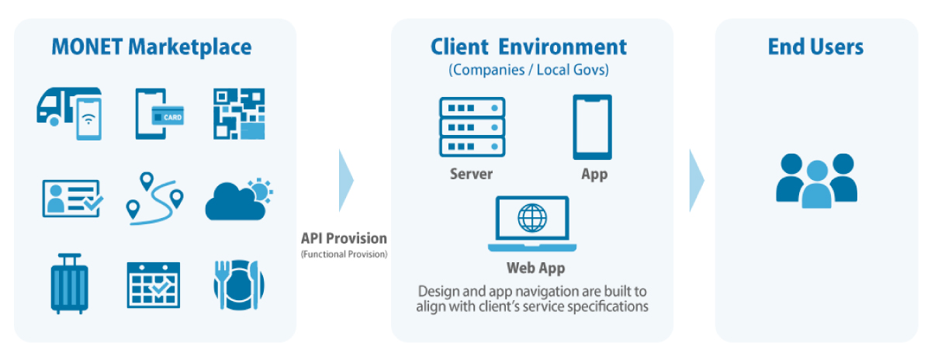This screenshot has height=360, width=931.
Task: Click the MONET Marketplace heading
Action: pos(151,47)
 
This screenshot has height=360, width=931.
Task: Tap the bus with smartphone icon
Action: pos(69,114)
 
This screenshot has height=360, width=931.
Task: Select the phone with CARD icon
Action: pos(159,114)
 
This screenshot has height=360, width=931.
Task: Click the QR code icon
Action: pos(239,114)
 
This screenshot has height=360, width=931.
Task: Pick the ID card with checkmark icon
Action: pos(71,197)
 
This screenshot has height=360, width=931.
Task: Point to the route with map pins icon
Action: pos(154,199)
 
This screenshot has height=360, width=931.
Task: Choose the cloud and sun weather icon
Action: pos(237,199)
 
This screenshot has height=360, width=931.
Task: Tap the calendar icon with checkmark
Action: pos(154,285)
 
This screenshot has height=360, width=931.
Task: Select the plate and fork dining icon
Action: pos(238,283)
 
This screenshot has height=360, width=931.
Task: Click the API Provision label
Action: pos(344,238)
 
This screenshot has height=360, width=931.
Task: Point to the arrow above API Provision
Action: pos(346,180)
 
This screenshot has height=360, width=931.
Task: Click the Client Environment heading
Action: pos(528,47)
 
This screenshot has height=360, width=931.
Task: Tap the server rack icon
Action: pos(472,126)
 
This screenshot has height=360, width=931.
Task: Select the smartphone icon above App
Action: pos(592,126)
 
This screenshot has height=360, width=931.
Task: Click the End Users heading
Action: pos(815,47)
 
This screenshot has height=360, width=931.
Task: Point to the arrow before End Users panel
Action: pos(696,180)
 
